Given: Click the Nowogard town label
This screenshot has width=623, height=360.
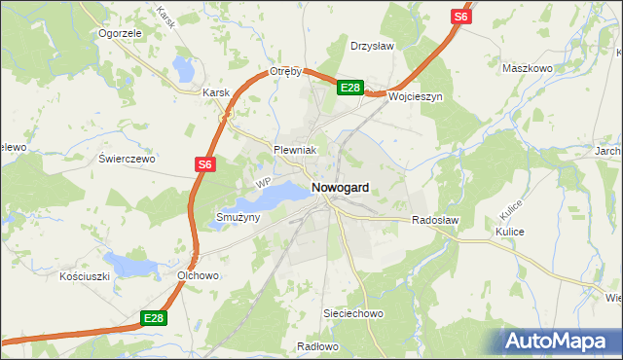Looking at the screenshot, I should (340, 187).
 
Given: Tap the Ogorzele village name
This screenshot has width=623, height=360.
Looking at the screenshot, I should (121, 32).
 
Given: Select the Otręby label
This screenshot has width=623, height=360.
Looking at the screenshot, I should (288, 72).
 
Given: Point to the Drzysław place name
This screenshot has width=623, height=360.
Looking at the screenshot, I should (371, 45).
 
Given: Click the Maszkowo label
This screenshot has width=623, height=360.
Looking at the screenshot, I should (527, 68).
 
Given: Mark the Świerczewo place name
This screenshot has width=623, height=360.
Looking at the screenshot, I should (127, 158).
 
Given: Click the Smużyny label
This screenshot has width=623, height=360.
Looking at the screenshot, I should (238, 217).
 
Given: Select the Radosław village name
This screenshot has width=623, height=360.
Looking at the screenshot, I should (434, 221).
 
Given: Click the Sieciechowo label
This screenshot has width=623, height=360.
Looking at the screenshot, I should (354, 314).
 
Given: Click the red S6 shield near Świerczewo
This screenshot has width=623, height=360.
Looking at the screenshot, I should (203, 165).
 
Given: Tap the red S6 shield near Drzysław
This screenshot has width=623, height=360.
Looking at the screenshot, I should (461, 17).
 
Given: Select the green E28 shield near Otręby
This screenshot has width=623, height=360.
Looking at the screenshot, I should (350, 88).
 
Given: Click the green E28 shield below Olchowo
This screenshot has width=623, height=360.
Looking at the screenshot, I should (153, 318).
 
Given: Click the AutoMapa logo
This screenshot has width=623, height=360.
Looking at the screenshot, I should (559, 340).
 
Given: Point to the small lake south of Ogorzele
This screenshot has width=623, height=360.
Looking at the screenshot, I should (183, 68).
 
